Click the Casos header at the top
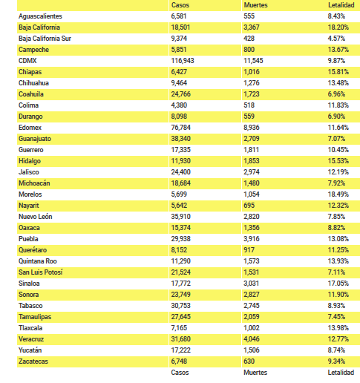[x=180, y=5]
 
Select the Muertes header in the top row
[x=255, y=5]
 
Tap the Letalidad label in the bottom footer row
[x=341, y=373]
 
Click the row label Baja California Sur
[x=45, y=39]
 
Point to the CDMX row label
[x=27, y=61]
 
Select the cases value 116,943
[x=183, y=61]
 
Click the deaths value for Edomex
[x=252, y=128]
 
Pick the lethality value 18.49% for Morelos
[x=338, y=194]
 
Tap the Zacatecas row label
[x=33, y=361]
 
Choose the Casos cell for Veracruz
[x=181, y=339]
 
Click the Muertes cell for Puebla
[x=252, y=239]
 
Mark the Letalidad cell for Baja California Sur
[x=336, y=39]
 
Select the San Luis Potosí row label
[x=41, y=272]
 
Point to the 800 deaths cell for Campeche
[x=249, y=50]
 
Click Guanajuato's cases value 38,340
[x=181, y=139]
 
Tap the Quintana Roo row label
[x=38, y=261]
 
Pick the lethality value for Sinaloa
[x=338, y=284]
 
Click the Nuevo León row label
[x=36, y=217]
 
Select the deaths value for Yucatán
[x=252, y=350]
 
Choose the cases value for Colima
[x=179, y=105]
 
